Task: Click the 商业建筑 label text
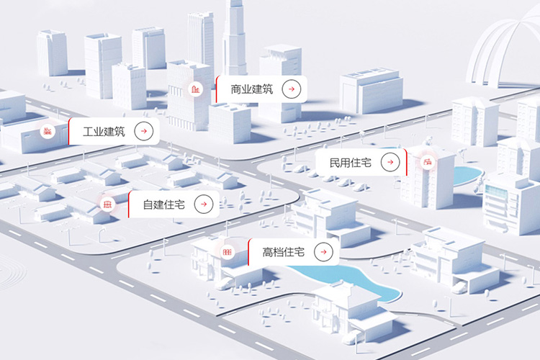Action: coord(252,89)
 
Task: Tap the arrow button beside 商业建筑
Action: coord(292,89)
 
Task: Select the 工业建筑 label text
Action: coord(104,131)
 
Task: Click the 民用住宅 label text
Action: coord(351,162)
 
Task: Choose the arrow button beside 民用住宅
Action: coord(390,162)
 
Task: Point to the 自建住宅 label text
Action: coord(164,204)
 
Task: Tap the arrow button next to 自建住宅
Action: coord(204,204)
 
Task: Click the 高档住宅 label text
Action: coord(284,252)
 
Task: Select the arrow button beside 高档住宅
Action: coord(323,252)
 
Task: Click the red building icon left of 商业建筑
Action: coord(196,89)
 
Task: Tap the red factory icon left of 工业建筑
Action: coord(48,131)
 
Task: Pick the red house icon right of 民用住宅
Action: coord(428,161)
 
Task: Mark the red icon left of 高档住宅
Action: coord(227,252)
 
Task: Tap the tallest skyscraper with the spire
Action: coord(235,38)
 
